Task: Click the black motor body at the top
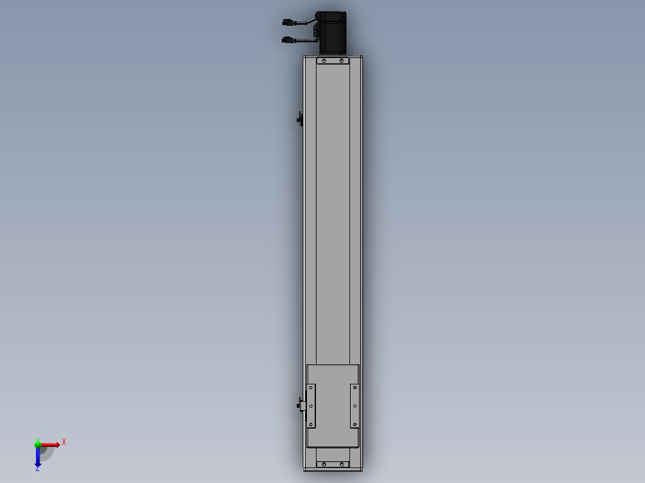click(x=333, y=33)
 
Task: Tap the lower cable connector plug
click(x=288, y=40)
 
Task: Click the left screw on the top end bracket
click(x=324, y=61)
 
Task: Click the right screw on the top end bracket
click(x=342, y=61)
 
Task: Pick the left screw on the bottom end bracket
click(x=324, y=464)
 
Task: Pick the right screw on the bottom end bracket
click(x=342, y=464)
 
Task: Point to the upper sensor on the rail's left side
click(x=300, y=119)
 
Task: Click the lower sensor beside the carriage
click(x=301, y=406)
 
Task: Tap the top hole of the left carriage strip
click(x=311, y=387)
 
